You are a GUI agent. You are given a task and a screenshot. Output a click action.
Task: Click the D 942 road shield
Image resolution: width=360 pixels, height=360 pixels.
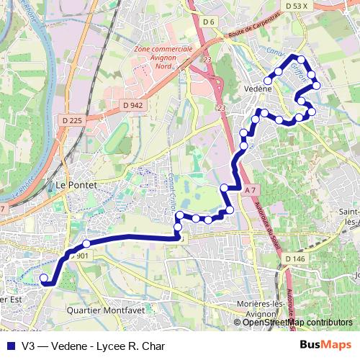(133, 104)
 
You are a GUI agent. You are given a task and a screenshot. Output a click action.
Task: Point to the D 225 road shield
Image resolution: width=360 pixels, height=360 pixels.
(73, 120)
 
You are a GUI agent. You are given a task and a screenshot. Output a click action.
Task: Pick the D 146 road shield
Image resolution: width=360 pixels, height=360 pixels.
(295, 258)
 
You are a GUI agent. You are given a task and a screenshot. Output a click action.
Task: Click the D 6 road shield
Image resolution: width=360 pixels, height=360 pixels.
(209, 22)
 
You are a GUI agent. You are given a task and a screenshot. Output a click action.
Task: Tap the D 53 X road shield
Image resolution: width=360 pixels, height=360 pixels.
(296, 6)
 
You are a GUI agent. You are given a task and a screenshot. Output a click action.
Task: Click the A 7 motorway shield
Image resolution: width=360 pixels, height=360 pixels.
(250, 189)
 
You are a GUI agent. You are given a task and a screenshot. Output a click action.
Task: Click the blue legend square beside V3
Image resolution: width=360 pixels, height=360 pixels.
(9, 346)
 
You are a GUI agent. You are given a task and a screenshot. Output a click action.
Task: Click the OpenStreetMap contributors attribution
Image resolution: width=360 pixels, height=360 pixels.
(297, 323)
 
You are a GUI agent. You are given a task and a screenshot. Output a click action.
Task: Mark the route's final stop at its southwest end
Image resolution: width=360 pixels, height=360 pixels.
(43, 278)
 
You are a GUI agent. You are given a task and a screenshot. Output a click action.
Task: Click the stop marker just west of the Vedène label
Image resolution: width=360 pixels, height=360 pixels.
(268, 81)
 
